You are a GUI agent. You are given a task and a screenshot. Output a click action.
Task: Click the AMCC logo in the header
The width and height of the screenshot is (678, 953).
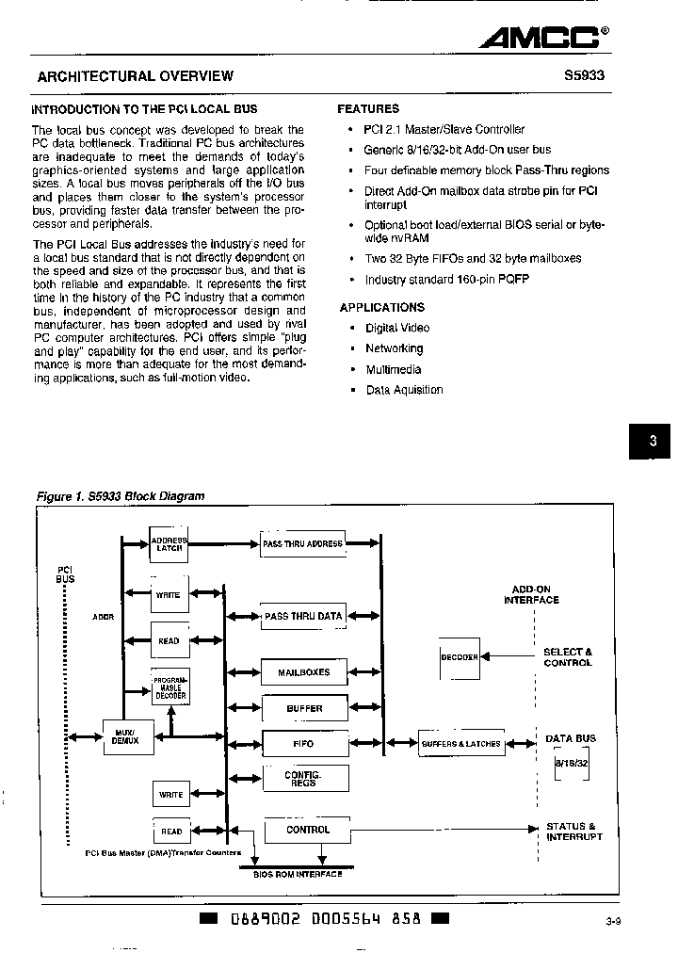click(x=542, y=37)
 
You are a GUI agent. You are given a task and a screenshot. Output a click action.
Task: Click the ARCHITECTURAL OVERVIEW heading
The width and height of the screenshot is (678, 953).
click(x=135, y=76)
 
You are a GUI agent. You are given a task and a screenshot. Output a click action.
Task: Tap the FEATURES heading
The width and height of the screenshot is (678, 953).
click(x=368, y=109)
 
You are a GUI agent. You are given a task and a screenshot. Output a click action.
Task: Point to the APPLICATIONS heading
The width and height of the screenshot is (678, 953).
click(x=381, y=307)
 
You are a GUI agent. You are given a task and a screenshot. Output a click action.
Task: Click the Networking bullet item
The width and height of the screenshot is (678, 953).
click(x=394, y=348)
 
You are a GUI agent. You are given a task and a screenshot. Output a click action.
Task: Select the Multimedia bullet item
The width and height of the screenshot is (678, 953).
click(x=393, y=369)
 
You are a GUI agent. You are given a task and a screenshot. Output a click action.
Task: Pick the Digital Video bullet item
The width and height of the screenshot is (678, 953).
click(x=396, y=328)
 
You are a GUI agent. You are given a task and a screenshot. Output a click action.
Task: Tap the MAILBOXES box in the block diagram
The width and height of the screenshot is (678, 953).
click(x=304, y=671)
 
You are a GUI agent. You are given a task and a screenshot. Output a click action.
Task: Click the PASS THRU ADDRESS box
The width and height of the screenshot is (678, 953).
click(x=302, y=544)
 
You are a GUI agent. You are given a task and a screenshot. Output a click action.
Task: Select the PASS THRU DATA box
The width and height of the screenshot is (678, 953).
click(x=303, y=616)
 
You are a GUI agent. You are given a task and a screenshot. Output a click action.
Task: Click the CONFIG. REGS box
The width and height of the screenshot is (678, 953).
click(x=304, y=778)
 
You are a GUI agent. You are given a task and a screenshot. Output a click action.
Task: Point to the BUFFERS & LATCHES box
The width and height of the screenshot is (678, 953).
click(x=460, y=743)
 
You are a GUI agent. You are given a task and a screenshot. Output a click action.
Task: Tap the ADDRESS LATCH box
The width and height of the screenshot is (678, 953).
click(x=169, y=543)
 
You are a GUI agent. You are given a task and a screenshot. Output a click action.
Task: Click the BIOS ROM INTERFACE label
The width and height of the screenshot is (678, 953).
click(x=298, y=874)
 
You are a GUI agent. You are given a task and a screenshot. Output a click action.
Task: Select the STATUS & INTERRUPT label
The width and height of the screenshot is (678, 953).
click(x=573, y=832)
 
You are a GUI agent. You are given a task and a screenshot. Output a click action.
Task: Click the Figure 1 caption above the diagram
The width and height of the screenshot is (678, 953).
click(x=120, y=495)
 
